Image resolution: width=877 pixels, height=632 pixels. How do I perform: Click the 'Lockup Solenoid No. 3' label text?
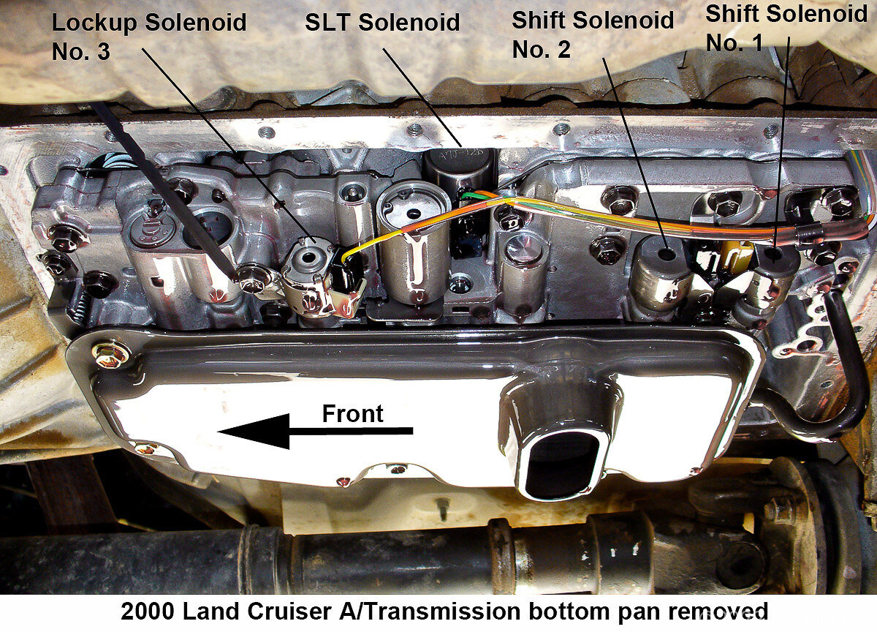(149, 37)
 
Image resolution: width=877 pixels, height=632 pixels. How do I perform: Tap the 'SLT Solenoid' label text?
(382, 22)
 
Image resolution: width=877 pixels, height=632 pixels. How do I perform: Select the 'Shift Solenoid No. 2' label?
(593, 34)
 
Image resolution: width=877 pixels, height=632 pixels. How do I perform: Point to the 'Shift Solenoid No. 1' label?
(786, 29)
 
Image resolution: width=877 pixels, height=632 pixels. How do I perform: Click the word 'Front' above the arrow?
(352, 414)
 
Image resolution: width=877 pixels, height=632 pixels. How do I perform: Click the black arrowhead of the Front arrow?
(254, 432)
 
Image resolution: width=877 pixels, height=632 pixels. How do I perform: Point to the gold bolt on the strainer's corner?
(111, 354)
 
